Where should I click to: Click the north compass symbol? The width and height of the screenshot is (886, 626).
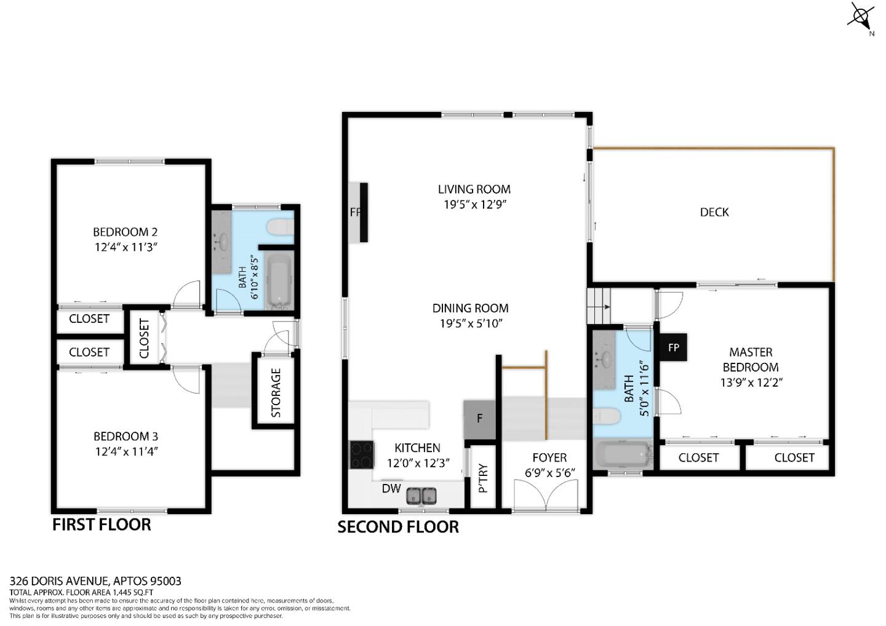tap(862, 16)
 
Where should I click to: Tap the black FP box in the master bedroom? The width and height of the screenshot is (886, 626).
tap(674, 347)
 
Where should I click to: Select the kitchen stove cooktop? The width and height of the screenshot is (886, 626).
tap(361, 455)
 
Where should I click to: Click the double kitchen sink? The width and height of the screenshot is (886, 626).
tap(422, 494)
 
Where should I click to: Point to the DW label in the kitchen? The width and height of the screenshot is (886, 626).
tap(391, 489)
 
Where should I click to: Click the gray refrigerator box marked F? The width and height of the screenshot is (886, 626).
tap(479, 419)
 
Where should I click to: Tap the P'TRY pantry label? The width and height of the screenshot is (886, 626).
tap(483, 479)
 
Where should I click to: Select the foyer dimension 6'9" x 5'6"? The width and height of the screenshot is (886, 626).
tap(549, 473)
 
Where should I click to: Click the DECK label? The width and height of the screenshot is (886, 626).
tap(714, 212)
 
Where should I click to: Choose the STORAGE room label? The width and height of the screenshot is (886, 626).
tap(276, 393)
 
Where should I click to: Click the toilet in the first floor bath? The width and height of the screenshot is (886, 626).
tap(281, 228)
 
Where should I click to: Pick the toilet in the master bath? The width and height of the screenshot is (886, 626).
tap(607, 417)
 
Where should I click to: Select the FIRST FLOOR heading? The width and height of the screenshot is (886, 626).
tap(102, 525)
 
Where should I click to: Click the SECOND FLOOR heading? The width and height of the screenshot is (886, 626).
tap(398, 527)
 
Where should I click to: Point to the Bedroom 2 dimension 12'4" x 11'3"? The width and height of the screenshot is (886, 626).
tap(126, 247)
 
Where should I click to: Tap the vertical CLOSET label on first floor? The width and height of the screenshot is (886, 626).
tap(145, 338)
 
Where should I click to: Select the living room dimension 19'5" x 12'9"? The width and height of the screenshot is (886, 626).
tap(474, 205)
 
